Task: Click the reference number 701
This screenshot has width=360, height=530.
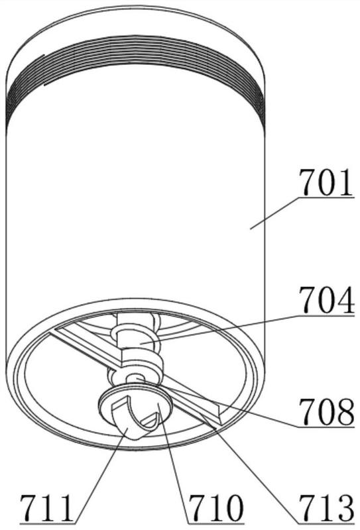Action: point(326,183)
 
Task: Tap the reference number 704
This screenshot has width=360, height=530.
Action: point(326,301)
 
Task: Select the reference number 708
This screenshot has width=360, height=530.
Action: point(326,411)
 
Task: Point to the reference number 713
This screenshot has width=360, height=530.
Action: point(326,508)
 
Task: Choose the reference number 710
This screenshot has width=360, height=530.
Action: point(215,508)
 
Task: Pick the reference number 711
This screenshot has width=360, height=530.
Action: point(46,508)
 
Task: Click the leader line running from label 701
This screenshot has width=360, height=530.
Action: point(274,213)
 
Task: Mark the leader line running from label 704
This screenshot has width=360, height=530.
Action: point(220,329)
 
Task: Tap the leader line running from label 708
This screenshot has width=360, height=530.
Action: point(217,402)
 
